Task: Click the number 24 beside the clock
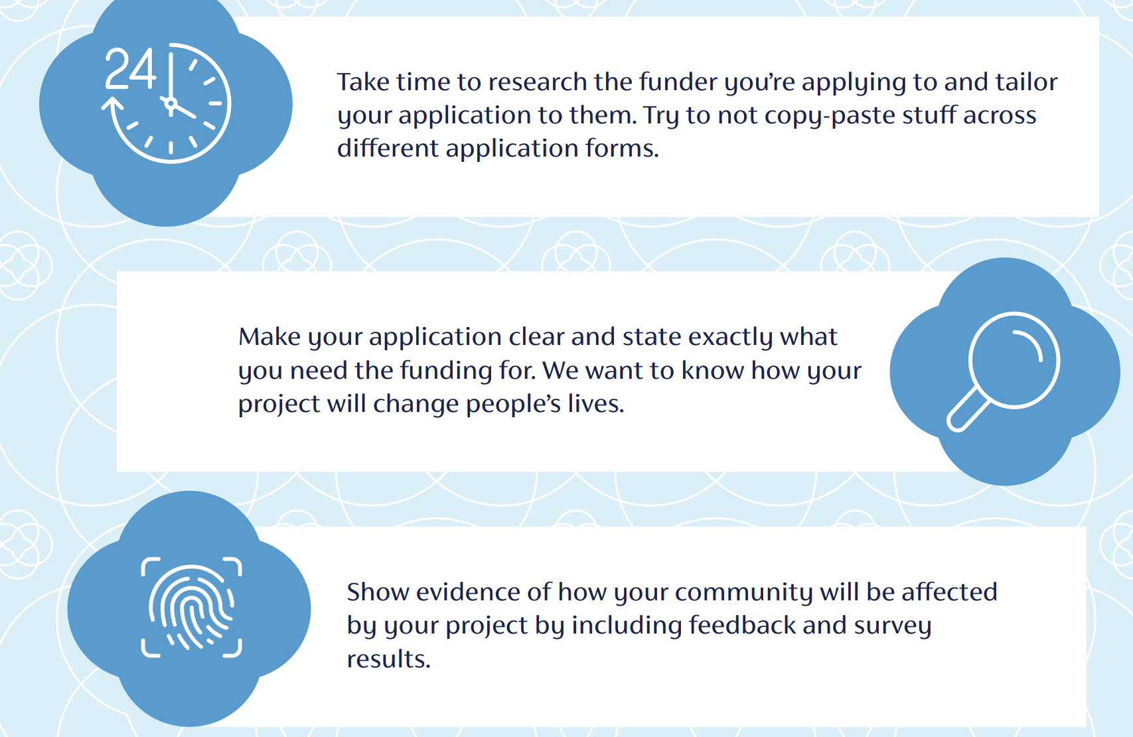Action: click(131, 69)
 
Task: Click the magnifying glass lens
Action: click(1014, 360)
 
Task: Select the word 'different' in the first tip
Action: click(388, 148)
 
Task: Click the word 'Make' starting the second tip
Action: click(269, 337)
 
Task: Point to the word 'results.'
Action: click(388, 659)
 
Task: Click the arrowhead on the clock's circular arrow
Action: click(112, 103)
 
